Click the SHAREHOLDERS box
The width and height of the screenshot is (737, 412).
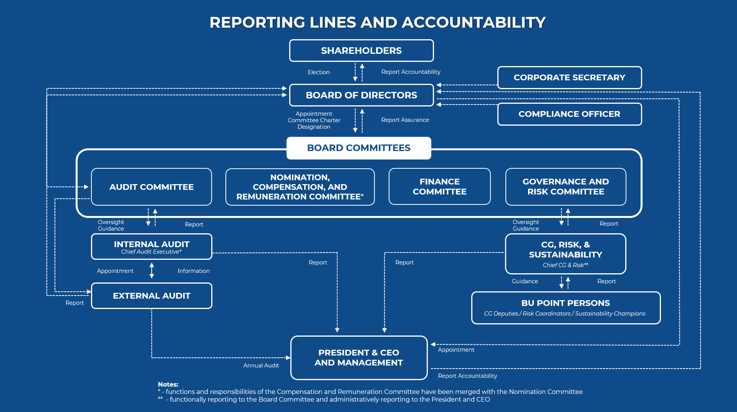(361, 51)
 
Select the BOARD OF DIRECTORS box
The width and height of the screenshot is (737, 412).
(361, 95)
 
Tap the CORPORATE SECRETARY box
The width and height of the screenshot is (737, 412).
(569, 78)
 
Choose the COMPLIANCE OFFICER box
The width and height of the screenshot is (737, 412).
(569, 114)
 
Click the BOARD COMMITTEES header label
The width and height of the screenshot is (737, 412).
(359, 148)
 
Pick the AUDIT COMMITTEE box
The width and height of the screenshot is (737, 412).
(151, 187)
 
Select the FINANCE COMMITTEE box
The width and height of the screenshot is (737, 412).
(439, 187)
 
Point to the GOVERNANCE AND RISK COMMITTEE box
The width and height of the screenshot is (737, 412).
(565, 187)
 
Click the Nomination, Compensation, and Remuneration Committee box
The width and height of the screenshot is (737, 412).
(300, 187)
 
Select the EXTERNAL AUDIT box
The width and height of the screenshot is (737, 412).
(151, 296)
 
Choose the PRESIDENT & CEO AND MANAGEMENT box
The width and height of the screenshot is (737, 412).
(359, 358)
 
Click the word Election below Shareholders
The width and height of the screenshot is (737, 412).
(318, 72)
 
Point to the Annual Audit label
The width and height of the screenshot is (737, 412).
(261, 365)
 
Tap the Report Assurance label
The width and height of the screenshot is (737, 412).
(405, 120)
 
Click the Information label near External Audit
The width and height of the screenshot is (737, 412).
(194, 271)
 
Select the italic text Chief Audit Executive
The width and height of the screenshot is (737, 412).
(151, 252)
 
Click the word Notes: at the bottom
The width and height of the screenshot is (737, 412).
(168, 384)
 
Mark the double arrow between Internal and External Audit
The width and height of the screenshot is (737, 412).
(152, 271)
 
